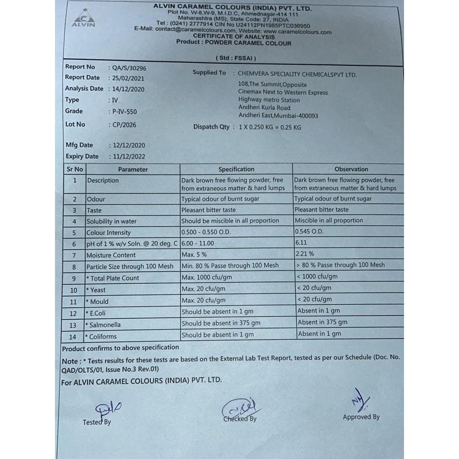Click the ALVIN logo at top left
pos(83,18)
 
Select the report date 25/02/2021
pos(128,78)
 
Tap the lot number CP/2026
pos(124,125)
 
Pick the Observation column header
pos(351,169)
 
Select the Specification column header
pos(236,169)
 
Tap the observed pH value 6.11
pos(301,242)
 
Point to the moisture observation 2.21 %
pos(305,254)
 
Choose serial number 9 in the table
pos(74,278)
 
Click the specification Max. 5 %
pos(194,255)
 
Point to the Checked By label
pos(240,419)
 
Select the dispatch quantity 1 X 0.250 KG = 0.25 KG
pos(270,128)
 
